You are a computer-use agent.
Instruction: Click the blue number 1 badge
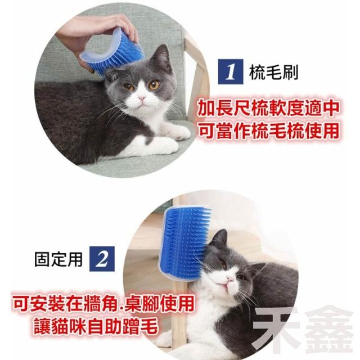231,71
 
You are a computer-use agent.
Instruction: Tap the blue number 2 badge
102,259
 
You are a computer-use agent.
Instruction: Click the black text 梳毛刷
274,72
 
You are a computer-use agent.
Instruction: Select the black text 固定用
58,259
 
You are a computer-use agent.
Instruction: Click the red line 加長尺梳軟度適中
268,109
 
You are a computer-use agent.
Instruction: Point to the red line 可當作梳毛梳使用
268,131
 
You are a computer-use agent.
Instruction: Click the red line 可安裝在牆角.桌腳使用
103,304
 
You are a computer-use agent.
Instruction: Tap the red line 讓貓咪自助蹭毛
96,326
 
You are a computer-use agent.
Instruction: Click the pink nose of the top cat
142,98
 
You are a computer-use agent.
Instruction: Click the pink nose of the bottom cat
229,278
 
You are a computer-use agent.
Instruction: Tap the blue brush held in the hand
112,51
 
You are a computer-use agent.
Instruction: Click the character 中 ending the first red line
330,109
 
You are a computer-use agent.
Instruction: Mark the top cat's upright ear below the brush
163,56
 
